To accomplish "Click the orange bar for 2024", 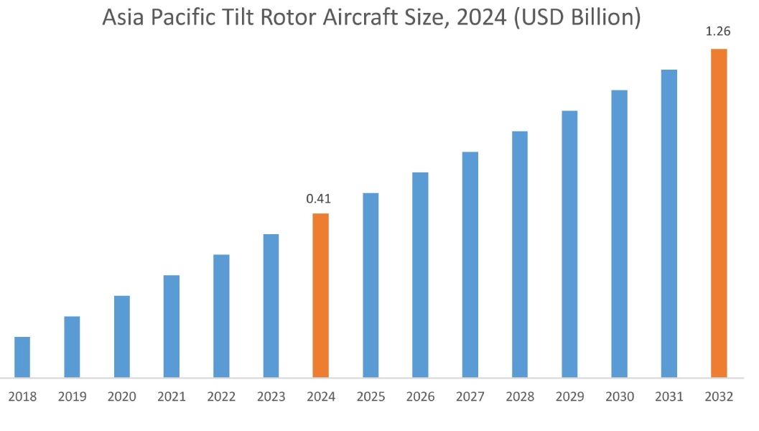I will [320, 295].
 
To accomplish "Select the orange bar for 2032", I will [719, 213].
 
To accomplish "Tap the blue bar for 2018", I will [22, 357].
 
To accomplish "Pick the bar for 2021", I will [172, 326].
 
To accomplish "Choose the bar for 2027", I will [470, 264].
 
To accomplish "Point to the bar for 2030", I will [619, 233].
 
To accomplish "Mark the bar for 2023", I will [271, 305].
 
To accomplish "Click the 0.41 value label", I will [319, 199].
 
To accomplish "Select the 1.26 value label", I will [718, 32].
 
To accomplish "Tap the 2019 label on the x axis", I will [72, 397].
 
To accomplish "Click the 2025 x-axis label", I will [371, 397].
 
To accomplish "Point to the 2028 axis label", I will [520, 397].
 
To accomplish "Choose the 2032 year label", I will [719, 397].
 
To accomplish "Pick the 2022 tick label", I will [221, 397].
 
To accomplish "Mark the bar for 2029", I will [569, 244].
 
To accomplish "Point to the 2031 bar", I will [669, 223].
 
